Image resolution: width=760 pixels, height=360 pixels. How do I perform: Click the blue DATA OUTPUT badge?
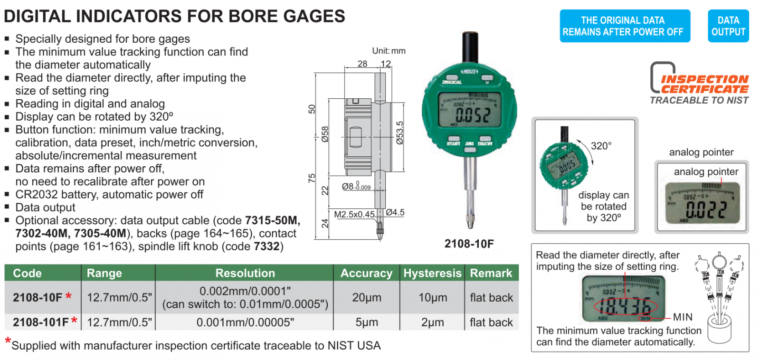[x=728, y=26]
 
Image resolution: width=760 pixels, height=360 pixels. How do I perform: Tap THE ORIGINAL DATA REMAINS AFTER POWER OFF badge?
[x=625, y=26]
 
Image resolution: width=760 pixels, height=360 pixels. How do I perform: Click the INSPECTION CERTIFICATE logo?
[x=700, y=84]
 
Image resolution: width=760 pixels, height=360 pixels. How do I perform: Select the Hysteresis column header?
[x=432, y=273]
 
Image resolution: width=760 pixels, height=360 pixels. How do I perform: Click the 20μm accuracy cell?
[x=366, y=298]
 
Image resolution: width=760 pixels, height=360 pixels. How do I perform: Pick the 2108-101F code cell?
[x=42, y=322]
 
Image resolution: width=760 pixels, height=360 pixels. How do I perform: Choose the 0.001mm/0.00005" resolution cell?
[x=245, y=322]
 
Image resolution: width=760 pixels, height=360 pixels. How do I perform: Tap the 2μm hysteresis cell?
[x=432, y=322]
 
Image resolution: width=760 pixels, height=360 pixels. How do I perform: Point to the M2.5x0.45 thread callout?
[x=354, y=215]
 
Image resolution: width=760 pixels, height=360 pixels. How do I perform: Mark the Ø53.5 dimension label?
[x=399, y=133]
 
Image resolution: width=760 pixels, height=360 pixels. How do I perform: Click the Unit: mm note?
[x=389, y=51]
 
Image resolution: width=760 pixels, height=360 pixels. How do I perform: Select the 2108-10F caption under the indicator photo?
[x=469, y=244]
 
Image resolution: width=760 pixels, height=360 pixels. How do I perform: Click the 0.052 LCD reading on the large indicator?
[x=472, y=114]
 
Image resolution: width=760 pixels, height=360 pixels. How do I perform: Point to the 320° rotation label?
[x=601, y=146]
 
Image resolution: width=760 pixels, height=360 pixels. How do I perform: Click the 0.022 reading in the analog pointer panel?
[x=706, y=209]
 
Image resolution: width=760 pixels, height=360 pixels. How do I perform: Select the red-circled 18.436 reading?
[x=626, y=307]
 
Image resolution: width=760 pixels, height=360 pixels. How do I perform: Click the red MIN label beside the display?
[x=683, y=317]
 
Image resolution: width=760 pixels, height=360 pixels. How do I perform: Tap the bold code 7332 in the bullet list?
[x=266, y=246]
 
